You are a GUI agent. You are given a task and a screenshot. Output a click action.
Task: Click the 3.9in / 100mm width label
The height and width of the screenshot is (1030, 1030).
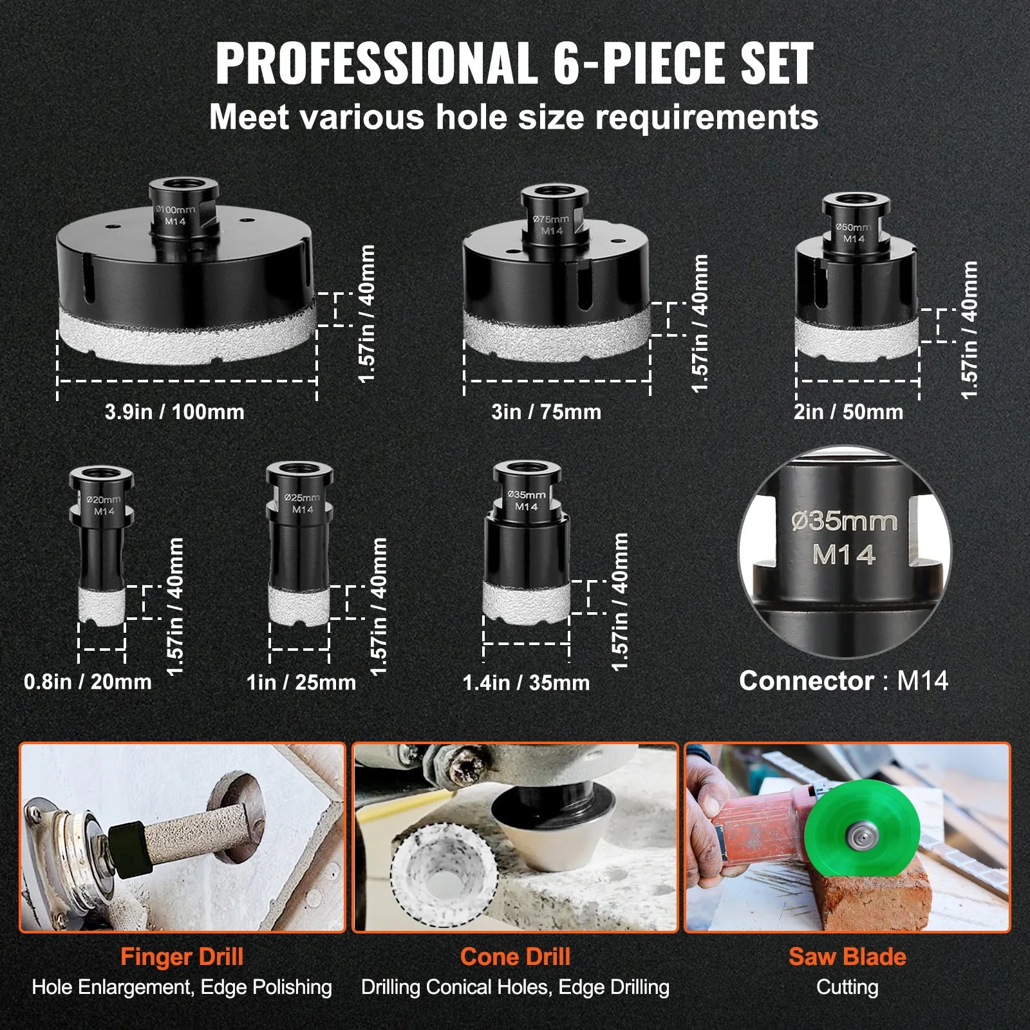point(174,412)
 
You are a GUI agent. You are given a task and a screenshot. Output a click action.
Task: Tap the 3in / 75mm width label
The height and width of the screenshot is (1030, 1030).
point(546,412)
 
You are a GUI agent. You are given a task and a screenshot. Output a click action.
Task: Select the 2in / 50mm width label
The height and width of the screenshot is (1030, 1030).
point(848,412)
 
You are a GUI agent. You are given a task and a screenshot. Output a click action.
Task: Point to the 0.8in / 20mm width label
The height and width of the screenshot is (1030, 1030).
point(88,682)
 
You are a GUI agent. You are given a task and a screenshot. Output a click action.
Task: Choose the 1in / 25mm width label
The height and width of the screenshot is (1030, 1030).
point(301,682)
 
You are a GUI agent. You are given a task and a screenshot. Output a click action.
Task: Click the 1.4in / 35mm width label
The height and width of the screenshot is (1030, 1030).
point(526,682)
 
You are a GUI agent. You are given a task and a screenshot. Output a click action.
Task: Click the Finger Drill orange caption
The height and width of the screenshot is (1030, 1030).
point(182,957)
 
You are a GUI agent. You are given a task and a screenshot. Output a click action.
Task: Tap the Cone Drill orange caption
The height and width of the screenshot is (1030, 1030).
point(515,957)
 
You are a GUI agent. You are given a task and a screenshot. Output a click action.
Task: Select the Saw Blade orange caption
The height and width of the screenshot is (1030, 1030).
point(847,957)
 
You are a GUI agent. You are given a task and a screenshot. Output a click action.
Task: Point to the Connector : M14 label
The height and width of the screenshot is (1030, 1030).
point(843,681)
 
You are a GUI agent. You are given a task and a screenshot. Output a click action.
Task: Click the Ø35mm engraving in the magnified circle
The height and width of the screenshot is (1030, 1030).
point(844,521)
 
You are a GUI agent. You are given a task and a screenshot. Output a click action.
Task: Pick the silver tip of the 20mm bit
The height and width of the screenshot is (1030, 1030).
point(102,605)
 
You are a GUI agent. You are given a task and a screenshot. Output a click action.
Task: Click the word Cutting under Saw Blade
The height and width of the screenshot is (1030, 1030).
point(847,987)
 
